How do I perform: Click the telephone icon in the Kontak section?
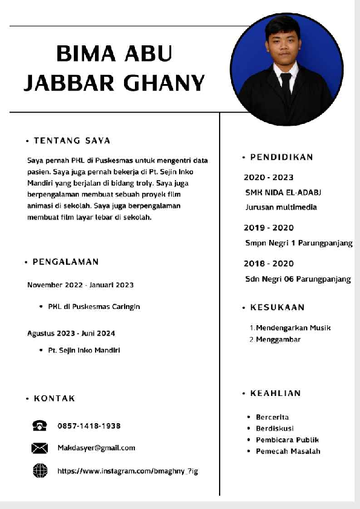pos(39,426)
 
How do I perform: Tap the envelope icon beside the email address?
pos(39,448)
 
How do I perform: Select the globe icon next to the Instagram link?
pos(39,470)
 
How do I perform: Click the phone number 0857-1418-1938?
pos(89,426)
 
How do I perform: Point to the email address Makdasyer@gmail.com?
pos(96,448)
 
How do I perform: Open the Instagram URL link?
pos(128,470)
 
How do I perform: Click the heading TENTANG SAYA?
pos(71,141)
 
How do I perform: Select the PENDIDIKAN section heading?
pos(281,157)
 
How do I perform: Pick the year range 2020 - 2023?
pos(269,177)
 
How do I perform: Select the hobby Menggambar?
pos(278,340)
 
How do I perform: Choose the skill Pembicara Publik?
pos(287,439)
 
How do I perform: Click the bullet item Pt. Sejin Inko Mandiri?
pos(84,350)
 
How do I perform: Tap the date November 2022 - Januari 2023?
pos(80,284)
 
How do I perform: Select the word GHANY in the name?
pos(165,82)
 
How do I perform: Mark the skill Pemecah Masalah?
pos(288,451)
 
